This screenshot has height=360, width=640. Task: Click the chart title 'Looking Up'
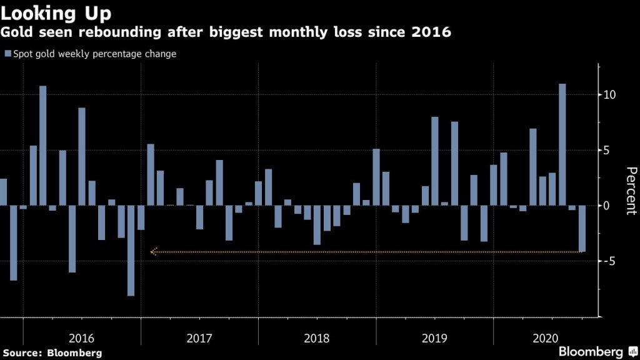pos(56,12)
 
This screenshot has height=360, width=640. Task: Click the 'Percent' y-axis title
pos(631,191)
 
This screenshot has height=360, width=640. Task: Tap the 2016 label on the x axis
pos(81,338)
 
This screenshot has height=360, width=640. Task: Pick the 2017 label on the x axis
pos(199,338)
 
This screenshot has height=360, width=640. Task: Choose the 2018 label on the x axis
pos(317,338)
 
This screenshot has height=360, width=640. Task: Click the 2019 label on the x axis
pos(435,338)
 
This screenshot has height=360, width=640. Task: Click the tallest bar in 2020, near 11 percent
pos(562,144)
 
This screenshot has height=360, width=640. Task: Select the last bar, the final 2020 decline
pos(582,229)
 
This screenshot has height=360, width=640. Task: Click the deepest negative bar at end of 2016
pos(131,250)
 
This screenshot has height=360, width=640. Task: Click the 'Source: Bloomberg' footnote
pos(52,353)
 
